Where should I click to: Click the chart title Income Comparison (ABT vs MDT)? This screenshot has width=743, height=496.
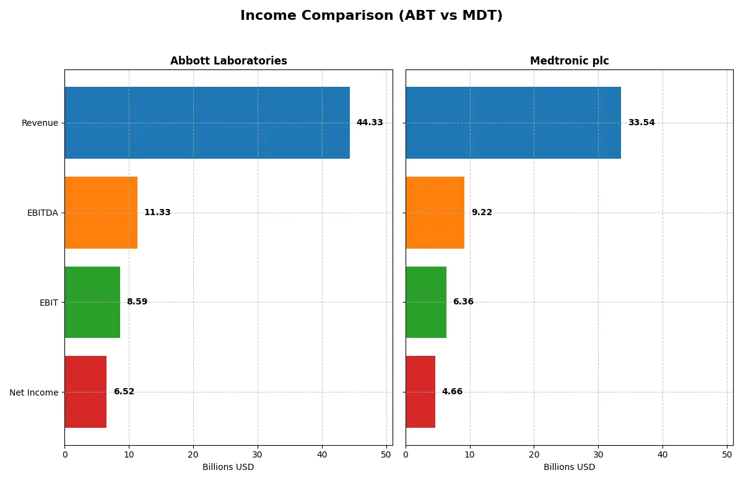[x=371, y=16]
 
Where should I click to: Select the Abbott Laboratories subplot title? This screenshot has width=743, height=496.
[x=228, y=61]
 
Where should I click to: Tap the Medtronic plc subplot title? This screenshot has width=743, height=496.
[x=569, y=61]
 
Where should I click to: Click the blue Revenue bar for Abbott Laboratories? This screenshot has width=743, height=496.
[x=207, y=123]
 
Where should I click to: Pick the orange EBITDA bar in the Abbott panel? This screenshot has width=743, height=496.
[x=101, y=213]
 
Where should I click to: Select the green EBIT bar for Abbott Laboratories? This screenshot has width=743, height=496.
[x=92, y=302]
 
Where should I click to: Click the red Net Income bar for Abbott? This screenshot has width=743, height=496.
[x=85, y=392]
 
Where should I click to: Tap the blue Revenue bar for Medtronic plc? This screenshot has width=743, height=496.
[x=513, y=123]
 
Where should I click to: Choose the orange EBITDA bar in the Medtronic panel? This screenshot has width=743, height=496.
[x=435, y=213]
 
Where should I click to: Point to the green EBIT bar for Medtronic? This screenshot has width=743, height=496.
[x=426, y=302]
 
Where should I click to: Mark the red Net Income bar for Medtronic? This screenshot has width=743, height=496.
[x=420, y=392]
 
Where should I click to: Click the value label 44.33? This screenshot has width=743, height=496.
[x=370, y=123]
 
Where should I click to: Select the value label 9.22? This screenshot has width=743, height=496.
[x=482, y=213]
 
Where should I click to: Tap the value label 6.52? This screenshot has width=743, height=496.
[x=124, y=392]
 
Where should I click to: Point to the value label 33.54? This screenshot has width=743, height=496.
[x=641, y=123]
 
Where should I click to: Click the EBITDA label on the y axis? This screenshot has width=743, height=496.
[x=43, y=213]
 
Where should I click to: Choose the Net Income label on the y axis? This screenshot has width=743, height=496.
[x=34, y=392]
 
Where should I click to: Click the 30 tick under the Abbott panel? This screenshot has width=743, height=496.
[x=258, y=454]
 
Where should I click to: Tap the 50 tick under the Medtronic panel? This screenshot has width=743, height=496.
[x=727, y=454]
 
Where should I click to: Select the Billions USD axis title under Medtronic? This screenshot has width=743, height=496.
[x=569, y=467]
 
